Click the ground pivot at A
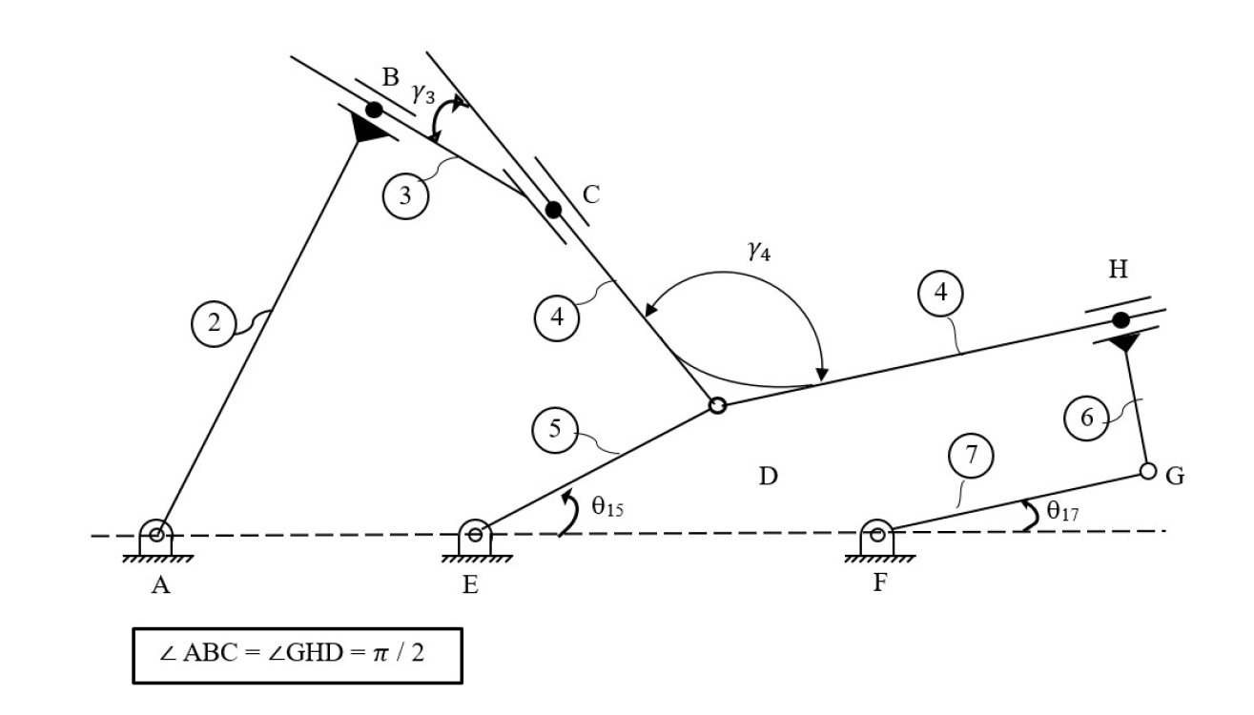click(156, 534)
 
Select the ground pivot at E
click(474, 534)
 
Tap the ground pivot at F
click(876, 534)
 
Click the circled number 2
click(214, 324)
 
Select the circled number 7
click(971, 456)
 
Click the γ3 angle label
click(424, 93)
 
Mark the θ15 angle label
click(606, 506)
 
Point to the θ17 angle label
click(1062, 510)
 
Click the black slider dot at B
click(375, 111)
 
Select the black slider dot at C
click(552, 210)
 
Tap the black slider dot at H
click(1120, 319)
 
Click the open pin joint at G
click(1148, 471)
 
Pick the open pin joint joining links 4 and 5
click(718, 406)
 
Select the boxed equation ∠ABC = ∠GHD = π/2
click(297, 655)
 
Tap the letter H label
click(1118, 270)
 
